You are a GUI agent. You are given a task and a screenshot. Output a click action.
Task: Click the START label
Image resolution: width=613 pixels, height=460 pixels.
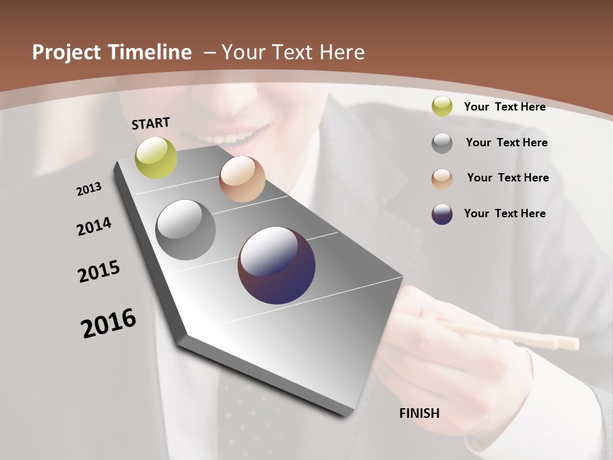pyautogui.click(x=151, y=123)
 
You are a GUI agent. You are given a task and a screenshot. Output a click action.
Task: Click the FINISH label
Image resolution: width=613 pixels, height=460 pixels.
pyautogui.click(x=419, y=413)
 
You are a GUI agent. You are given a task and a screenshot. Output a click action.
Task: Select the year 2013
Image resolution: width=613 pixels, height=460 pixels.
pyautogui.click(x=89, y=189)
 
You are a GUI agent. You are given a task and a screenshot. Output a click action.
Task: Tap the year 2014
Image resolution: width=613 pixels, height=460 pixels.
pyautogui.click(x=94, y=227)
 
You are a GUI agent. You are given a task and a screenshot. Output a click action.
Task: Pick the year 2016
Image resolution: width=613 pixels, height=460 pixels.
pyautogui.click(x=109, y=323)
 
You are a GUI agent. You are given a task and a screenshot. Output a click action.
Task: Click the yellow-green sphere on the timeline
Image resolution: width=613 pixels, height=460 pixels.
pyautogui.click(x=156, y=157)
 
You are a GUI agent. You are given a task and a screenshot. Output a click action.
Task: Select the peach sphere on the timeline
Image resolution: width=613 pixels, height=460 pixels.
pyautogui.click(x=242, y=179)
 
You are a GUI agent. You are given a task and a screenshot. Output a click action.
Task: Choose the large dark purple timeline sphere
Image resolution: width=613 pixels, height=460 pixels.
pyautogui.click(x=276, y=265)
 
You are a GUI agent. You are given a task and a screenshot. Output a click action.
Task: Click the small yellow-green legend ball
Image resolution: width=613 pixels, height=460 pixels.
pyautogui.click(x=442, y=107)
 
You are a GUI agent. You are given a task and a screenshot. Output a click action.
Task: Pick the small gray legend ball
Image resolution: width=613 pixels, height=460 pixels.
pyautogui.click(x=442, y=143)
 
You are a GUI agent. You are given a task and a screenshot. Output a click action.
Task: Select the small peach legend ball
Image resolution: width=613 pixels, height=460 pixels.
pyautogui.click(x=442, y=178)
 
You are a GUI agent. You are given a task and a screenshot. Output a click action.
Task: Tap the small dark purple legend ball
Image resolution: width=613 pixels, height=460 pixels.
pyautogui.click(x=442, y=214)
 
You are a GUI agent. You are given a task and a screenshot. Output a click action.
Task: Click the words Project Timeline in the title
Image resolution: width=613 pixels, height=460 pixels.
pyautogui.click(x=112, y=52)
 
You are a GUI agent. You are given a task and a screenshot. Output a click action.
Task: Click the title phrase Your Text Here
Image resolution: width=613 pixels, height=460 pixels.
pyautogui.click(x=293, y=52)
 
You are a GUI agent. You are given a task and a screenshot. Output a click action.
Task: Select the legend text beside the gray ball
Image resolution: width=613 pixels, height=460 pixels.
pyautogui.click(x=506, y=142)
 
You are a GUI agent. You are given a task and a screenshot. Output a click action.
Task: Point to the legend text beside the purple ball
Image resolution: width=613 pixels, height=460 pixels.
pyautogui.click(x=504, y=213)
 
